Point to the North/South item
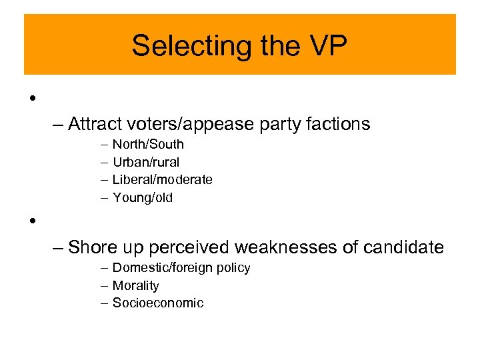tap(148, 144)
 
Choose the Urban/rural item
tap(146, 162)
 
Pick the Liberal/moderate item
tap(162, 179)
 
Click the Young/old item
tap(143, 197)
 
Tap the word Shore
tap(93, 247)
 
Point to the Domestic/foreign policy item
tap(181, 268)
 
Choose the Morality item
tap(135, 286)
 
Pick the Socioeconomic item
tap(158, 303)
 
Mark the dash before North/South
tap(105, 144)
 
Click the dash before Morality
tap(105, 286)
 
